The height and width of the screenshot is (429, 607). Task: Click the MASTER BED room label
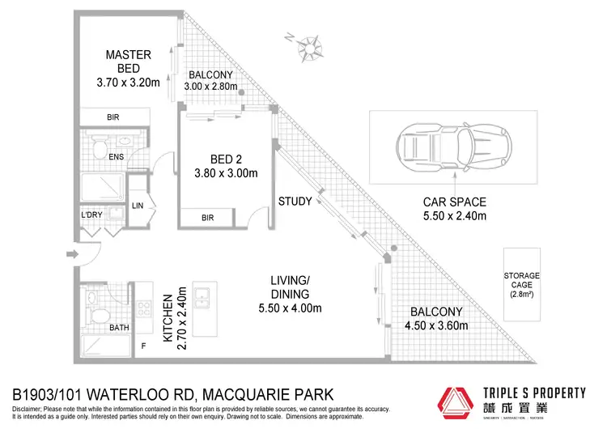point(128,62)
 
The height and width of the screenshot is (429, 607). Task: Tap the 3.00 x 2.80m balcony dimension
point(212,87)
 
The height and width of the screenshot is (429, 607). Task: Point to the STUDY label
point(295,202)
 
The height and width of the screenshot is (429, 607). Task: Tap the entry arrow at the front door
point(74,255)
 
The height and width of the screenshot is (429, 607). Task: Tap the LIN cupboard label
point(138,206)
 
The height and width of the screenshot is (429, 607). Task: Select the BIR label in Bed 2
point(207,218)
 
